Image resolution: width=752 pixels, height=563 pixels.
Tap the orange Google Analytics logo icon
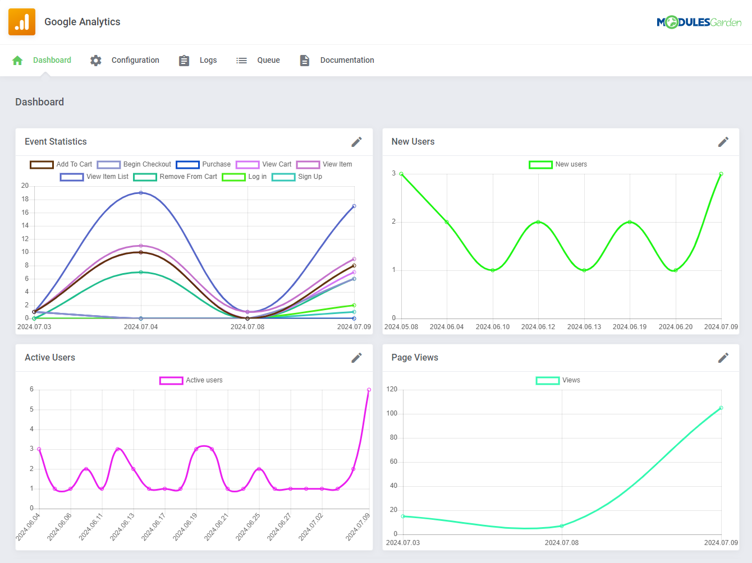coord(22,22)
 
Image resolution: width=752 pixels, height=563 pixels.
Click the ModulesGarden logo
coord(699,22)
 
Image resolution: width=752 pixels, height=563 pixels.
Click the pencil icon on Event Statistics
coord(356,142)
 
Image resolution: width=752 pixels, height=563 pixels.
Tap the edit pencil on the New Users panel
coord(723,142)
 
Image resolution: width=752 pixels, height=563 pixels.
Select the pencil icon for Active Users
coord(356,358)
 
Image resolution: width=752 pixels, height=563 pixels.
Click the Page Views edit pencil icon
coord(723,358)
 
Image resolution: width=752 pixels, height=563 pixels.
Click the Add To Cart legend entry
coord(61,164)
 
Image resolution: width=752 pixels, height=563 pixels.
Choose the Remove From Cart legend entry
coord(175,177)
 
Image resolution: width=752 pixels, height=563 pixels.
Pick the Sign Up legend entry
coord(297,177)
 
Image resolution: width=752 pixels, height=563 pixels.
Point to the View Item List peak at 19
coord(141,193)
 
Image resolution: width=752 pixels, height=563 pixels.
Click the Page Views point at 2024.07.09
coord(721,408)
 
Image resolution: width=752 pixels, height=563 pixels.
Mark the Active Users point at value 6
coord(369,390)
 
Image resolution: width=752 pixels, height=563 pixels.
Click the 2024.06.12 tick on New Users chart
coord(538,327)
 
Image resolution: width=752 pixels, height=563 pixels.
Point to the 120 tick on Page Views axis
coord(392,389)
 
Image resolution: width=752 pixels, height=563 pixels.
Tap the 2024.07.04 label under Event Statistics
coord(141,327)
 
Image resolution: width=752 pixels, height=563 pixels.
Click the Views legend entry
coord(558,380)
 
